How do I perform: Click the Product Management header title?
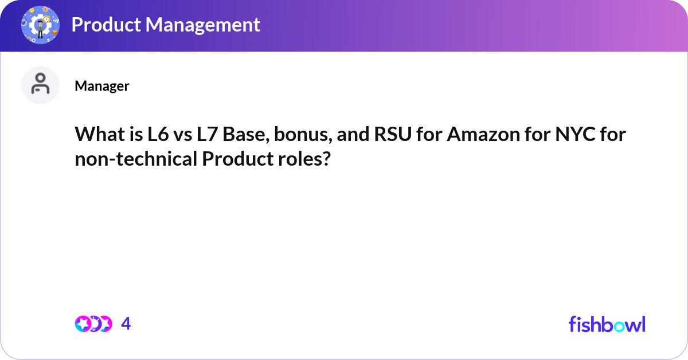[166, 25]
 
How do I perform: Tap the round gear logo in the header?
[40, 25]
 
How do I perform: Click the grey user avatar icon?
[40, 85]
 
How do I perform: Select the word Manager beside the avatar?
[102, 86]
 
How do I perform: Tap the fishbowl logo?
[607, 324]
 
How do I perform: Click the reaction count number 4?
[126, 324]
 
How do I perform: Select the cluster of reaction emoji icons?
[93, 324]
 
